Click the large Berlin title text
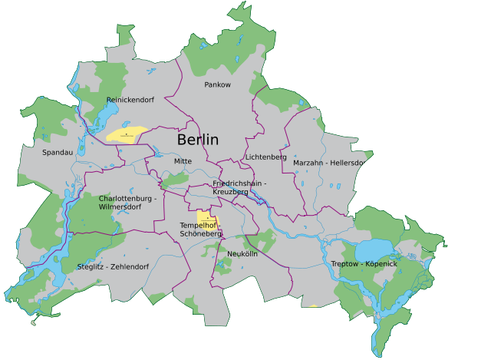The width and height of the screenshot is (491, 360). point(197,140)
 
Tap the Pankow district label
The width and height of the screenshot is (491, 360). point(217,84)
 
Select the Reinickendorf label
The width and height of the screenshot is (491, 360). point(130,100)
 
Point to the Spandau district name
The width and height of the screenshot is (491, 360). point(58,153)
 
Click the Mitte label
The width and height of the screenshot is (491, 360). point(183,161)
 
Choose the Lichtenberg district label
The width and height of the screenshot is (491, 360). point(265,157)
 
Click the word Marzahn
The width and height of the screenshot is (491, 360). point(309,163)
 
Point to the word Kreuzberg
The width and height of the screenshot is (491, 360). point(230,192)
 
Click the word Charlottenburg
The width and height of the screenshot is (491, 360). point(124,198)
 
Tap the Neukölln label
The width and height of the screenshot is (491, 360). point(242,253)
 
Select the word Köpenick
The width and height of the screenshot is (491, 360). point(381,264)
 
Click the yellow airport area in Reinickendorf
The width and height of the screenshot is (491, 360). point(127,134)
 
